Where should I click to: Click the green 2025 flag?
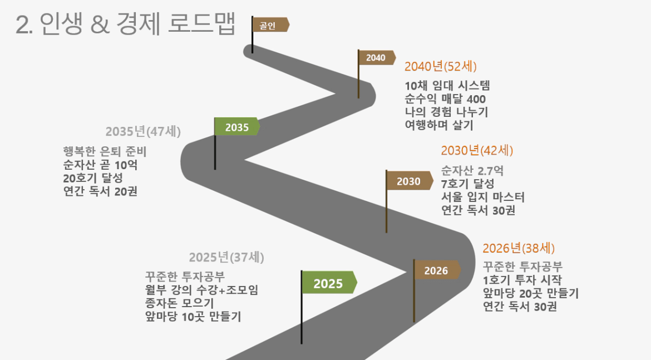point(328,283)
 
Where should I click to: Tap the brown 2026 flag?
point(436,270)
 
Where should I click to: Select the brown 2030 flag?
point(409,181)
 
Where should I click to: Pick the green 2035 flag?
point(237,127)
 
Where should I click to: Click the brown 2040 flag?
point(376,57)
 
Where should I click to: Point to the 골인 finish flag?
point(269,25)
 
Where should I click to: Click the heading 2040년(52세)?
point(441,67)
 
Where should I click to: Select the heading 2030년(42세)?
point(477,151)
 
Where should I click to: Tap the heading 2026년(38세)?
point(519,248)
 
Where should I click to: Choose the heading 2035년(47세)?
point(143,132)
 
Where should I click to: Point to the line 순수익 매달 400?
point(446,99)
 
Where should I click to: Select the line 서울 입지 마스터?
point(482,197)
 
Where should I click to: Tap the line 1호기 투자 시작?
point(522,280)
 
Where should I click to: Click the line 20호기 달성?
point(93,178)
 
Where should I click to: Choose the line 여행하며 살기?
point(439,125)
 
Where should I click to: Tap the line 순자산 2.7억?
point(472,170)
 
